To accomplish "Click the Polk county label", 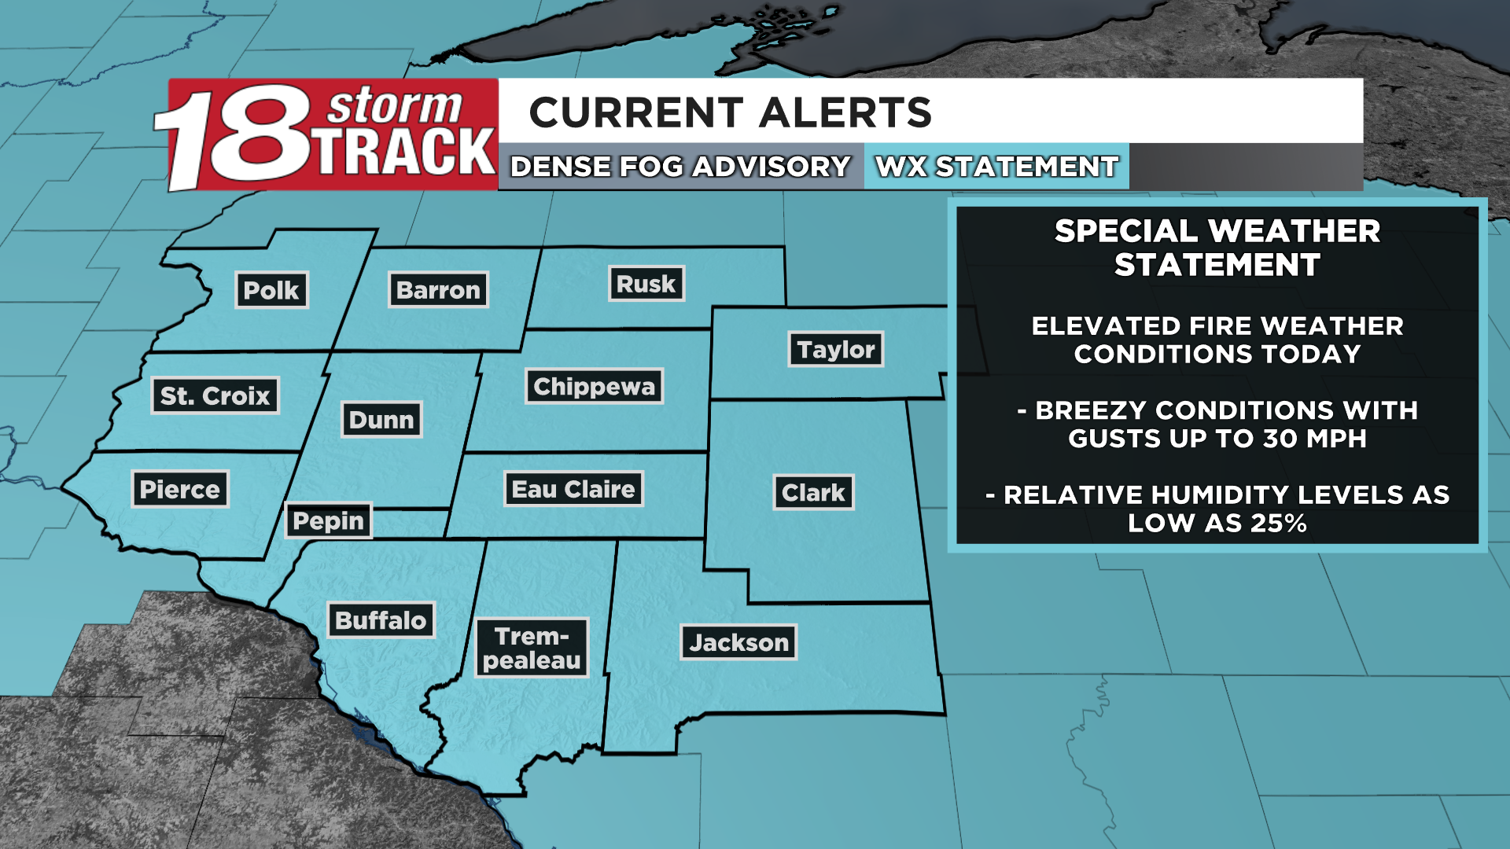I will point(271,290).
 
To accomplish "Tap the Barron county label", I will point(438,290).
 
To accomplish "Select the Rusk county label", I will point(646,284).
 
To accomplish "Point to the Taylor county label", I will point(836,349).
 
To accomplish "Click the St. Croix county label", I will point(215,395).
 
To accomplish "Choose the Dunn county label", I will point(381,420).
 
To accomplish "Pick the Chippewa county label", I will point(594,386).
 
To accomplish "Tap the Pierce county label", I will point(179,490).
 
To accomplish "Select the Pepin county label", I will point(328,520).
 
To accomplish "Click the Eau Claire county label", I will point(573,489).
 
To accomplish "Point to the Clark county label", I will point(813,493).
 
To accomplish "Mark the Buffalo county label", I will point(381,620).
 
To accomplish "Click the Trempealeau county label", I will point(532,648).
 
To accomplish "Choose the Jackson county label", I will point(738,642).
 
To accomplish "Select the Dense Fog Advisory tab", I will point(680,167).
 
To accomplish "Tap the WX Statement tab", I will point(996,167).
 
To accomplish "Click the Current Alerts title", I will point(730,112).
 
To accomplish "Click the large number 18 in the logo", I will point(236,138).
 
